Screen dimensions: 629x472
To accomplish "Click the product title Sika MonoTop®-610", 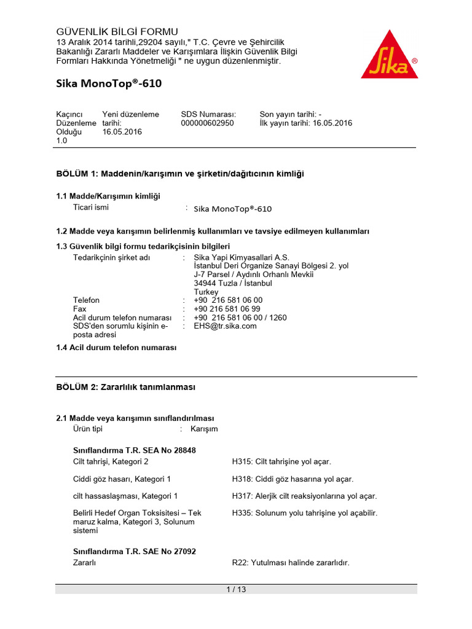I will pyautogui.click(x=109, y=84).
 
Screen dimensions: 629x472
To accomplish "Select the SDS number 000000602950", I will pyautogui.click(x=207, y=123).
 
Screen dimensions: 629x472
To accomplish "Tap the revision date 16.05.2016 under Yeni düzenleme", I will pyautogui.click(x=122, y=131).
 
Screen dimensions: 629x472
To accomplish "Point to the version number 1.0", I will pyautogui.click(x=62, y=141).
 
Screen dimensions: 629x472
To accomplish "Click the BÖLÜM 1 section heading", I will pyautogui.click(x=180, y=174).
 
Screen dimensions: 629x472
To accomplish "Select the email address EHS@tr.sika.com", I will pyautogui.click(x=225, y=326).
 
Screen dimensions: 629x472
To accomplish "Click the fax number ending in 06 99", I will pyautogui.click(x=227, y=309).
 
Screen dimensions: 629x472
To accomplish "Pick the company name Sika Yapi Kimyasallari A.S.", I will pyautogui.click(x=242, y=257).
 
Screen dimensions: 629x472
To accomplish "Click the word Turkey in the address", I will pyautogui.click(x=206, y=292).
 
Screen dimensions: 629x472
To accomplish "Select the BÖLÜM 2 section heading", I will pyautogui.click(x=125, y=387).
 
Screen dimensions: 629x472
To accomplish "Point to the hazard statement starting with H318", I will pyautogui.click(x=293, y=479).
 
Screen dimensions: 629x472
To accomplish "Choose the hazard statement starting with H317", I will pyautogui.click(x=304, y=496).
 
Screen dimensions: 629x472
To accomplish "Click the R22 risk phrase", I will pyautogui.click(x=291, y=563).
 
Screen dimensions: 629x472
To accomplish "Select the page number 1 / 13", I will pyautogui.click(x=236, y=590).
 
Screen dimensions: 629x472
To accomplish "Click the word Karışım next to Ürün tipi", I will pyautogui.click(x=204, y=429).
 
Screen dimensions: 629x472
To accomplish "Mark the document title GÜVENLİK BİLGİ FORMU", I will pyautogui.click(x=117, y=31).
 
